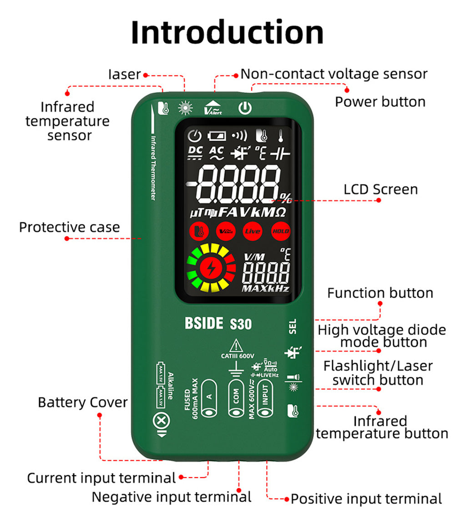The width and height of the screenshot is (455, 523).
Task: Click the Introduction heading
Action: (227, 33)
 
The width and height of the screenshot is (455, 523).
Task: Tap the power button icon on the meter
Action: (245, 108)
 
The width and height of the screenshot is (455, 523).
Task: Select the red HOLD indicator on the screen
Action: (280, 231)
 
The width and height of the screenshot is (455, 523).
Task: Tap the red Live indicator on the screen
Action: (253, 231)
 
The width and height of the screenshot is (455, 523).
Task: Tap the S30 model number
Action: (240, 324)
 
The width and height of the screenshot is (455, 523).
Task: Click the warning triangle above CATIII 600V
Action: (236, 345)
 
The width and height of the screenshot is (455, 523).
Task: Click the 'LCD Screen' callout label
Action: (380, 189)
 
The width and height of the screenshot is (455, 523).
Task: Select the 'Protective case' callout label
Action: (69, 227)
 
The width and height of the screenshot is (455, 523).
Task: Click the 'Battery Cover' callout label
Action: (82, 402)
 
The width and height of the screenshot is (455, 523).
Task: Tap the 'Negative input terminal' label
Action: (172, 497)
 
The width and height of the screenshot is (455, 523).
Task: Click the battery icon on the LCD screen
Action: (217, 135)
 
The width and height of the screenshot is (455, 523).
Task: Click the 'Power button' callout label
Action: (380, 102)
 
